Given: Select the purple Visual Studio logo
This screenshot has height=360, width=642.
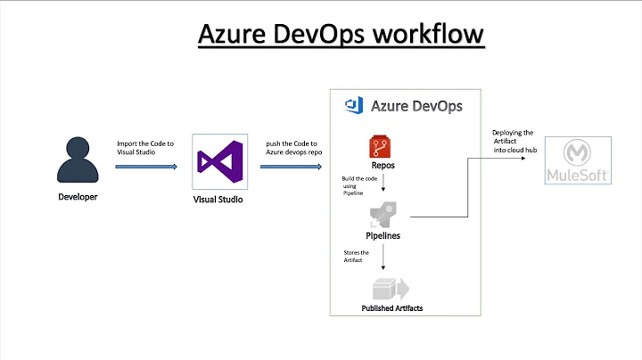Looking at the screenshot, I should pyautogui.click(x=218, y=162).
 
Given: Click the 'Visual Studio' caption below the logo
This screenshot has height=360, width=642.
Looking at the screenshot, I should pyautogui.click(x=218, y=200).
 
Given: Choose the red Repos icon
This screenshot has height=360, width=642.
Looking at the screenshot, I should pyautogui.click(x=383, y=146).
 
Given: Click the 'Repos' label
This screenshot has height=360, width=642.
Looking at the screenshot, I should pyautogui.click(x=383, y=166).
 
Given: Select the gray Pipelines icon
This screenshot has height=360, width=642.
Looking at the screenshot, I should pyautogui.click(x=383, y=214).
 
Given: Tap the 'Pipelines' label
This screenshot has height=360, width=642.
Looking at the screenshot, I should pyautogui.click(x=383, y=236).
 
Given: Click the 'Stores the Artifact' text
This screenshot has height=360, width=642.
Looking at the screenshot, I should pyautogui.click(x=357, y=257).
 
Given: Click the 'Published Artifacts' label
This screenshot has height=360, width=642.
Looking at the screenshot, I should pyautogui.click(x=392, y=308).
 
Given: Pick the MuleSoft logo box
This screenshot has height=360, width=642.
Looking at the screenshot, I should pyautogui.click(x=578, y=160).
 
